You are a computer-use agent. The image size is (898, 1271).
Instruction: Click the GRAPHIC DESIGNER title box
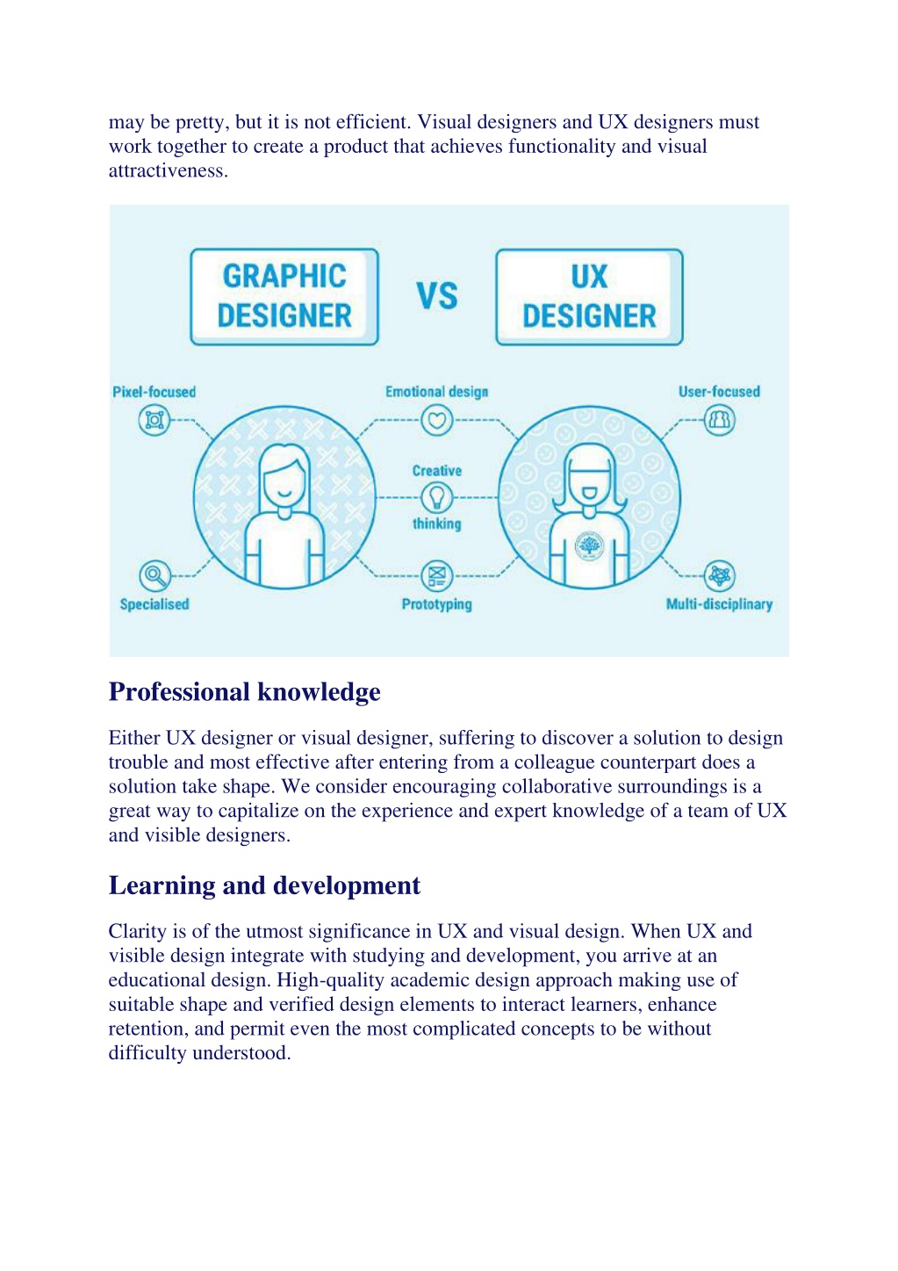point(284,297)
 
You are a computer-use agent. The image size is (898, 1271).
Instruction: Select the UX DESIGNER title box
point(589,297)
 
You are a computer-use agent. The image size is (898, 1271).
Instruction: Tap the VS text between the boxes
point(436,296)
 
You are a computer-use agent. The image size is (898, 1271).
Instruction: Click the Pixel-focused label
point(154,392)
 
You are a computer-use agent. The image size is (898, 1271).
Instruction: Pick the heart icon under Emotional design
point(436,420)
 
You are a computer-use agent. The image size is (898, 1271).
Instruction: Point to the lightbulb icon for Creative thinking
point(436,497)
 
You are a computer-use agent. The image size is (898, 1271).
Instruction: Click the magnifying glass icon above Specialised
point(154,575)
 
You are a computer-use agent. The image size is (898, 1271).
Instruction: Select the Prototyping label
point(436,604)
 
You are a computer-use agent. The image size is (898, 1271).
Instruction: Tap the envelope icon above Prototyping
point(436,575)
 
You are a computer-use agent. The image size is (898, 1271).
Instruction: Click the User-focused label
point(719,392)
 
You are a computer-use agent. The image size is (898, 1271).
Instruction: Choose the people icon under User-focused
point(720,420)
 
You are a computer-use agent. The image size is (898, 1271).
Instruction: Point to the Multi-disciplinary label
point(719,604)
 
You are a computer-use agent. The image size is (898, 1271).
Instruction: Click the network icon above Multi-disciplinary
point(720,575)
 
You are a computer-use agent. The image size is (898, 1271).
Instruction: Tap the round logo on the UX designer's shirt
point(590,545)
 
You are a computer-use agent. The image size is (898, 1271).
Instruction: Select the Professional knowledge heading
point(244,692)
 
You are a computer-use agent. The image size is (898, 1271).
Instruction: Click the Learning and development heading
point(264,885)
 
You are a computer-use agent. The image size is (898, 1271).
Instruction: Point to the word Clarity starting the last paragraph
point(137,932)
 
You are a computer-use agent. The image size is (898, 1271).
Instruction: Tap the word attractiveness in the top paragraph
point(169,170)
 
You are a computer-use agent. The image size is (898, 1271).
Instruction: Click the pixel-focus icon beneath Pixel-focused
point(154,420)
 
